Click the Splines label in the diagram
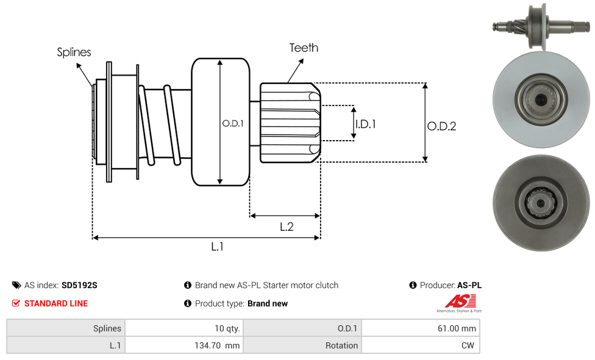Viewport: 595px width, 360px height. pos(74,52)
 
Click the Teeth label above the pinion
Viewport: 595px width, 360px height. pos(304,48)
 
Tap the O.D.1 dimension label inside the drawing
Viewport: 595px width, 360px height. pos(233,123)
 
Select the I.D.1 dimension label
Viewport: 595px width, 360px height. pos(366,124)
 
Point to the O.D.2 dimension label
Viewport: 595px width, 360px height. pos(442,126)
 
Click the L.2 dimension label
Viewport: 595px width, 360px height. pos(287,227)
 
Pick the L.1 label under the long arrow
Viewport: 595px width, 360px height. pos(218,247)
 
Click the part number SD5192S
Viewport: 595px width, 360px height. pos(79,285)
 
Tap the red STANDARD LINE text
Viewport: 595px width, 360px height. pos(56,303)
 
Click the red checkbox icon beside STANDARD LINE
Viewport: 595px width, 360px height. pos(16,303)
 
